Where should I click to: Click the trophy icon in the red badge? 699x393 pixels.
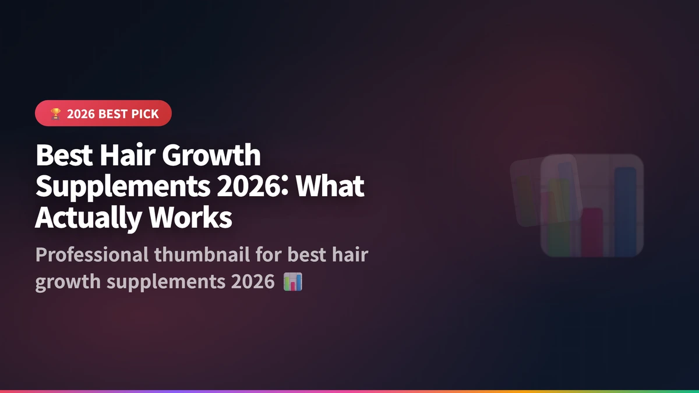point(55,114)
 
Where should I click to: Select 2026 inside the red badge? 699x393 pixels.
point(80,114)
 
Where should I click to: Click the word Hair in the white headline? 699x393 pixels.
point(121,156)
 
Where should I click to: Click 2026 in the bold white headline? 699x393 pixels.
point(236,186)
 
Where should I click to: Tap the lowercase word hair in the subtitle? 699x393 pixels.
point(351,255)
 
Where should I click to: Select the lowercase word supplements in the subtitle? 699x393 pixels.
point(167,282)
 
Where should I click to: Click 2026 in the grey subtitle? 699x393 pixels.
point(252,282)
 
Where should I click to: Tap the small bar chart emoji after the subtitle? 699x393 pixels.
point(292,282)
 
